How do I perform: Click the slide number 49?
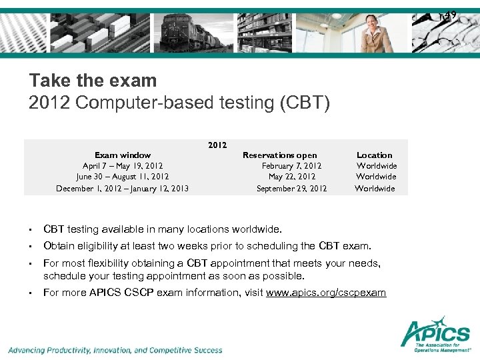[450, 15]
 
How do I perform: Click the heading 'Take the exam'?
[93, 81]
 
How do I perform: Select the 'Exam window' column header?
[123, 155]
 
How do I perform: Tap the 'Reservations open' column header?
[279, 155]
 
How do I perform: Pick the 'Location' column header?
[375, 155]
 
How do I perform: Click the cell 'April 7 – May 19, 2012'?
[123, 166]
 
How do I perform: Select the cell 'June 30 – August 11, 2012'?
[123, 177]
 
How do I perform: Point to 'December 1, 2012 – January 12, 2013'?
[123, 189]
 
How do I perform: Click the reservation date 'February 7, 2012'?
[291, 166]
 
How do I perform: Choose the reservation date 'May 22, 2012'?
[291, 177]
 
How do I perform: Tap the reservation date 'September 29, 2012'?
[291, 189]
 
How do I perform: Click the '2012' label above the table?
[217, 145]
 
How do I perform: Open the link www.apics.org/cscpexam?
[325, 293]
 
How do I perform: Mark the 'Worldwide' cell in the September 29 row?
[375, 189]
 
